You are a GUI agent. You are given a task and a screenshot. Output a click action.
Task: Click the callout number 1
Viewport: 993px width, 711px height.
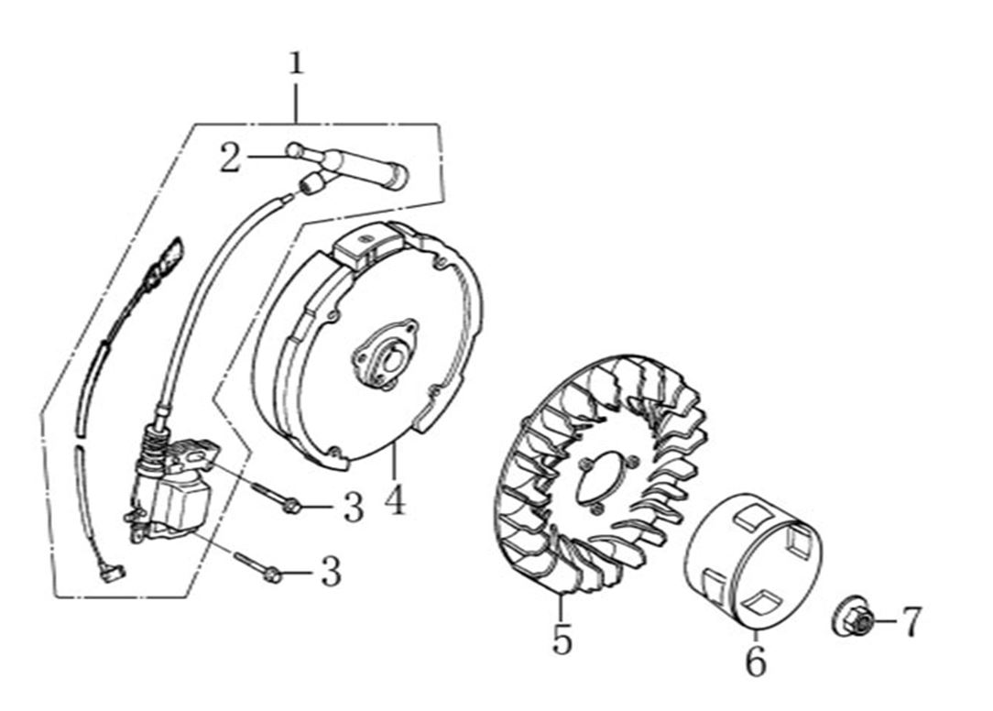pos(296,64)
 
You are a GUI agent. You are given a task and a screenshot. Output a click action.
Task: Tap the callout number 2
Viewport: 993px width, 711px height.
pos(230,158)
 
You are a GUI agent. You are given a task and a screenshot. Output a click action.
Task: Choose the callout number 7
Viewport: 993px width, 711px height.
pos(911,621)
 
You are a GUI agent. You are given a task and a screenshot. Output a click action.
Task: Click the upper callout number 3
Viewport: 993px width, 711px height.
pos(354,507)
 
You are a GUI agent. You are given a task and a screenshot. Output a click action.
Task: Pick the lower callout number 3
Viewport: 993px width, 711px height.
pos(332,572)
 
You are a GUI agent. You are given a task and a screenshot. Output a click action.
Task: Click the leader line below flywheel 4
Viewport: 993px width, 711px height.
pos(394,462)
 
